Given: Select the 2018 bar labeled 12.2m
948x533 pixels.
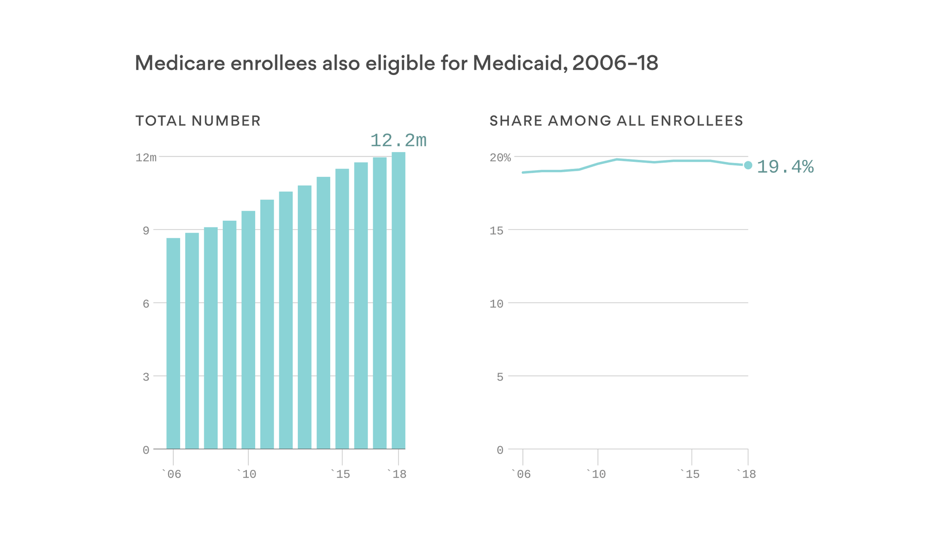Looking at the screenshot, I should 398,301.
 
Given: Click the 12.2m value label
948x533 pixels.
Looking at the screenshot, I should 398,141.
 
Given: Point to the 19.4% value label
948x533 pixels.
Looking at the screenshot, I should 785,167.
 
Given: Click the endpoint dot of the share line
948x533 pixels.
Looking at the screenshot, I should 748,165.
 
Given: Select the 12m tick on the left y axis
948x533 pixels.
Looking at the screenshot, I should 146,157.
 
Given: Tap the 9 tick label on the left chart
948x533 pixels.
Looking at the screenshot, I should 146,230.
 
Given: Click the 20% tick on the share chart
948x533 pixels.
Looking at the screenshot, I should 500,157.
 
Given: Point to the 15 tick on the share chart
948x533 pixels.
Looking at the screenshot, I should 496,230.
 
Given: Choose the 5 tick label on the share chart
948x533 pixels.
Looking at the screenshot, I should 500,377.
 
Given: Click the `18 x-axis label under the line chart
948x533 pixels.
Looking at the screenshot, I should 747,474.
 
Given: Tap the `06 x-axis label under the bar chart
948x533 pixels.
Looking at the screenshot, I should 172,474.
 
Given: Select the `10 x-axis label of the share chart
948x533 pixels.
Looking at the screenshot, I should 596,474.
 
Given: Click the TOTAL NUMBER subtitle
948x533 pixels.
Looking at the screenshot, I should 198,121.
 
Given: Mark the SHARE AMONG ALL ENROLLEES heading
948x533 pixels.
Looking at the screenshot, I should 616,121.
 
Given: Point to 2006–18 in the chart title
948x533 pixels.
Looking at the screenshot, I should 615,63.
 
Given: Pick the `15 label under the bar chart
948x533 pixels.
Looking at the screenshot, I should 341,474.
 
